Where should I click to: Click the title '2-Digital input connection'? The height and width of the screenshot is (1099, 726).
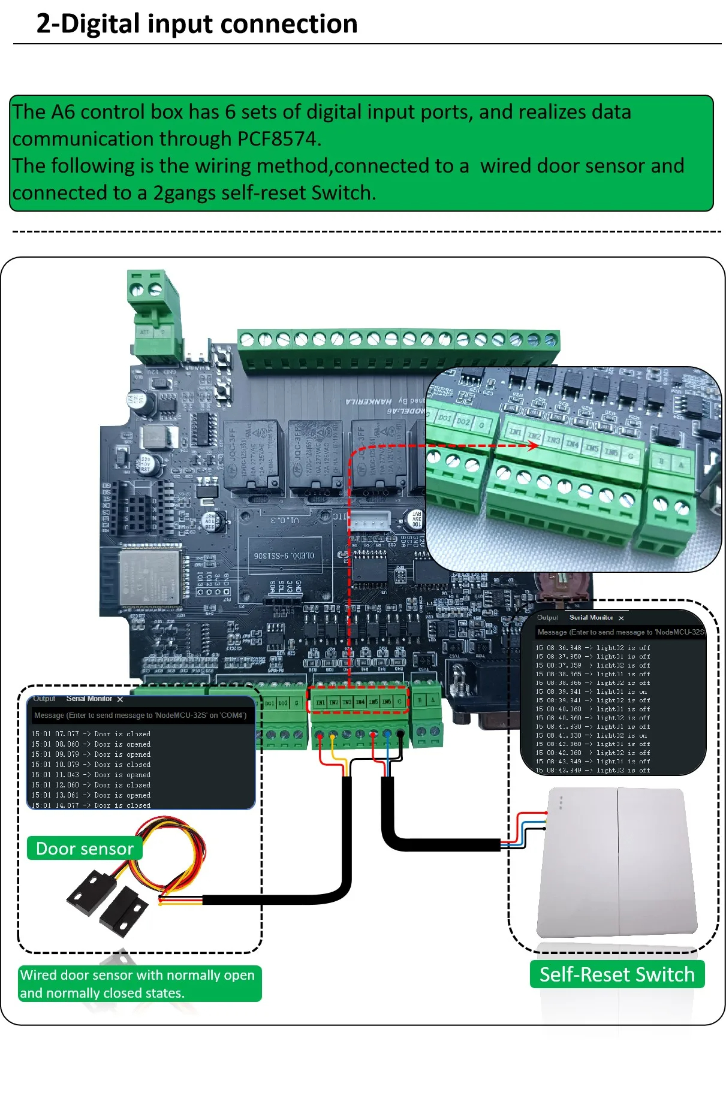coord(197,24)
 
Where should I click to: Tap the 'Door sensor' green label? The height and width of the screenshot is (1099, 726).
coord(85,849)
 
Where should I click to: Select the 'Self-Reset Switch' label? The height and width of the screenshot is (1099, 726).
coord(617,974)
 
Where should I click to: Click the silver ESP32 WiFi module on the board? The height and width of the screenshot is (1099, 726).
coord(150,577)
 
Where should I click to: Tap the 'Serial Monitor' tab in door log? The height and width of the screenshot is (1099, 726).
coord(89,699)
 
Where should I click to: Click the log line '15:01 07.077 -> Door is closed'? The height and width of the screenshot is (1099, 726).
coord(91,733)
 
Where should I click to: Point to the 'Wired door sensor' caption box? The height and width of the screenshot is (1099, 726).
coord(139,983)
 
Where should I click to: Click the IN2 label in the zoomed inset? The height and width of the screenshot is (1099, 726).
coord(534,436)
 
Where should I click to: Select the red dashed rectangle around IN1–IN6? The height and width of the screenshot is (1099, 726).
coord(358,701)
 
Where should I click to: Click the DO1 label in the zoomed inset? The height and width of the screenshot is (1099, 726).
coord(445,418)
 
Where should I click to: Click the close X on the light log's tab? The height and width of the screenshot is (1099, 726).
coord(621,618)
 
